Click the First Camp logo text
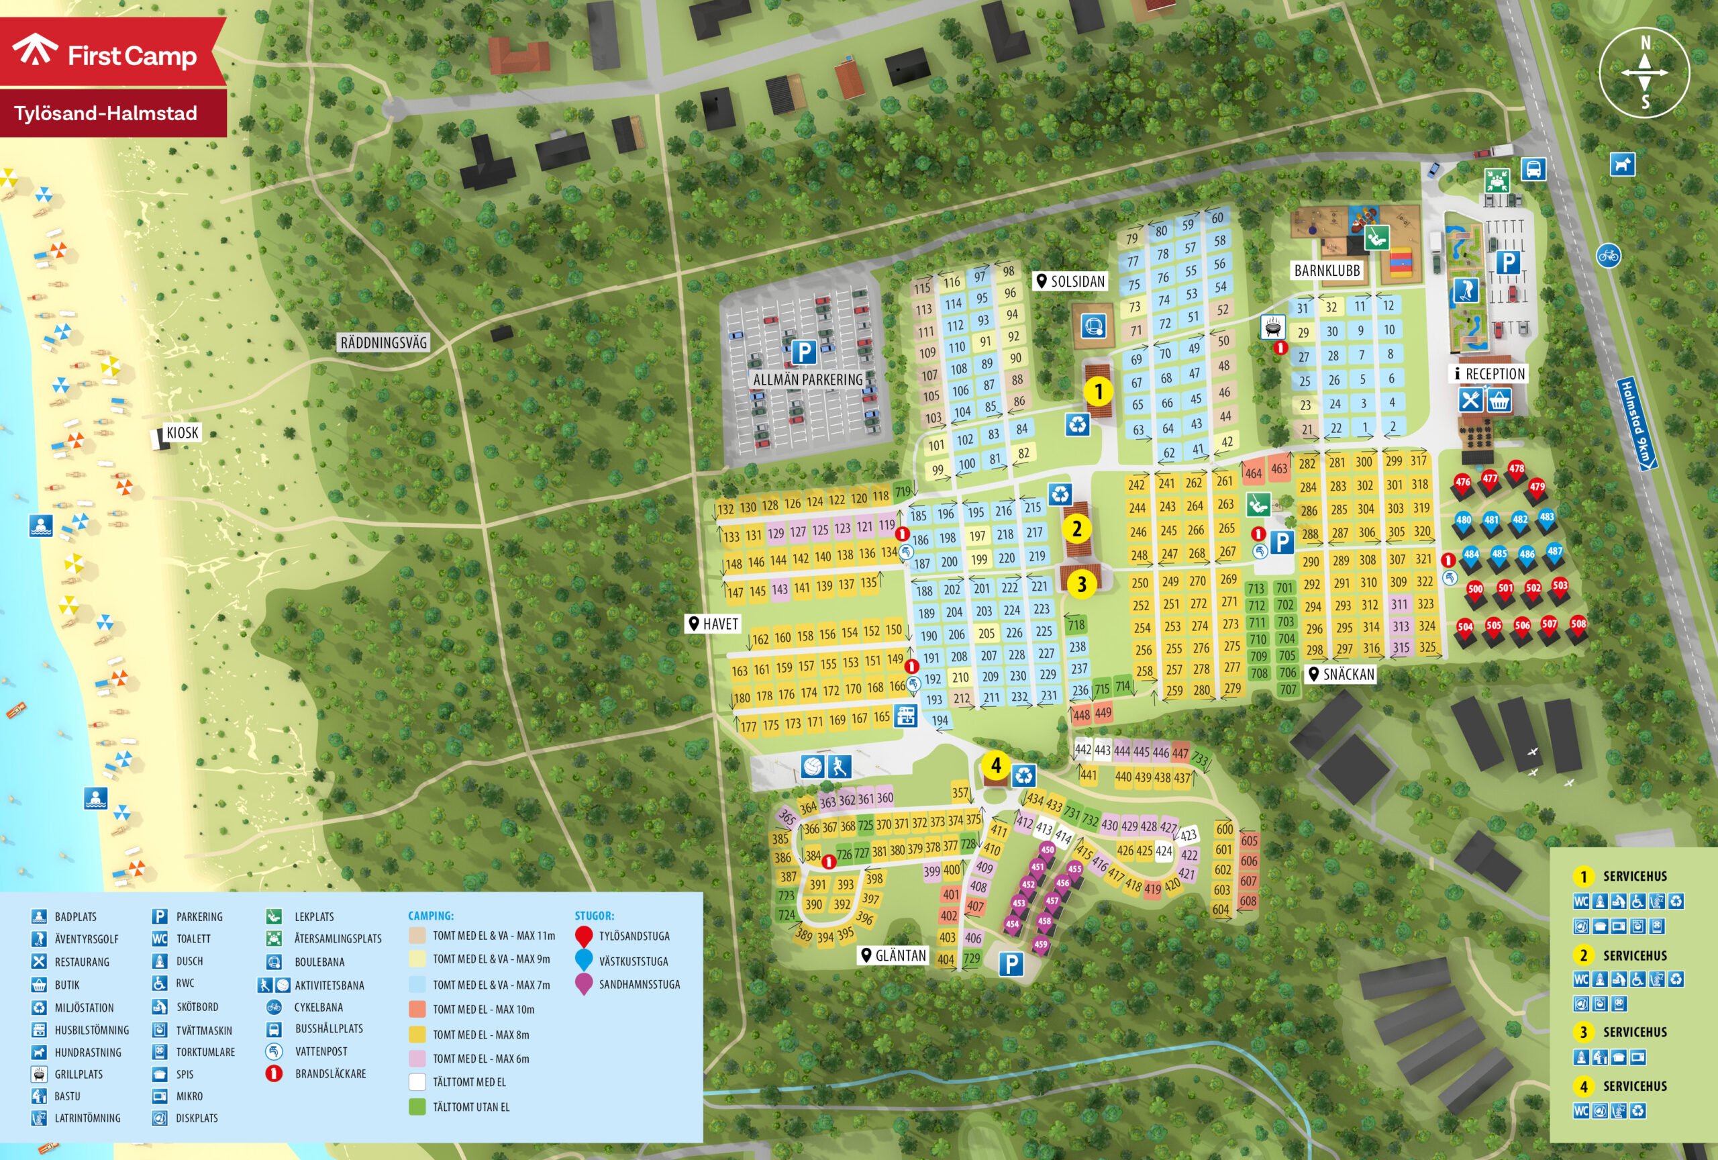132,56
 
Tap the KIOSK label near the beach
182,433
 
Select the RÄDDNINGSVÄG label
383,343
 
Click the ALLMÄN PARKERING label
807,379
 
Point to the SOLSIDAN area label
1070,282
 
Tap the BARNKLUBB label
1327,271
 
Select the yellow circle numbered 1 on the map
1099,391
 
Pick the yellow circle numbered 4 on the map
996,765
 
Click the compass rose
1645,72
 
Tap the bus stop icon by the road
1533,169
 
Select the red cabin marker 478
1516,469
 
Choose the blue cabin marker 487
1555,552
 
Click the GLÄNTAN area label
894,955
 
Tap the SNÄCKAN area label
1342,674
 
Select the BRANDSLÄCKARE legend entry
330,1073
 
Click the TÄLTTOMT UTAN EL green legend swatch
417,1107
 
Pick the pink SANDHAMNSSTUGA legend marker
584,984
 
